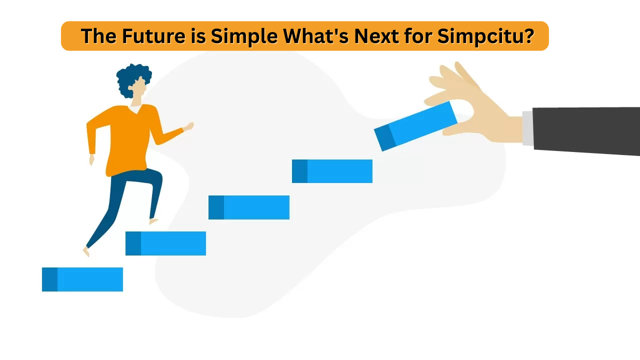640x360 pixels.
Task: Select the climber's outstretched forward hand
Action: point(188,126)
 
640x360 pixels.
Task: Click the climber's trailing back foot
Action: point(85,251)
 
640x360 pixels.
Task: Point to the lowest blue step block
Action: point(82,279)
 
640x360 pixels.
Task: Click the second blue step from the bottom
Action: point(165,243)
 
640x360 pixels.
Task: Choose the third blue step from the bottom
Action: point(249,207)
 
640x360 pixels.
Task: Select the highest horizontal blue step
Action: point(332,171)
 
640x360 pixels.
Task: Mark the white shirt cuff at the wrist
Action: point(527,128)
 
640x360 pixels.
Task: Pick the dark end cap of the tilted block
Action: point(385,137)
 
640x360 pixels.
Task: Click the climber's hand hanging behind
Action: point(91,159)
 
